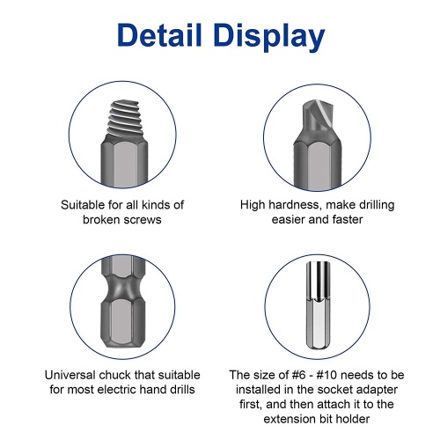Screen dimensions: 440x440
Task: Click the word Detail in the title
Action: tap(159, 35)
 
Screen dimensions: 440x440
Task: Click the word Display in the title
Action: tap(269, 38)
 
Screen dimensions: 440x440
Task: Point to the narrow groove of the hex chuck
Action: tap(123, 288)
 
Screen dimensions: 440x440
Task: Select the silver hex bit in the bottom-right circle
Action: tap(318, 305)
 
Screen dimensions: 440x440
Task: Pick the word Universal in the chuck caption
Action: tap(70, 375)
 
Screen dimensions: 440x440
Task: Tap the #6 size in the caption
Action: tap(299, 375)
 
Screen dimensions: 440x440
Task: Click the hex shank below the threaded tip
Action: tap(124, 163)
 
